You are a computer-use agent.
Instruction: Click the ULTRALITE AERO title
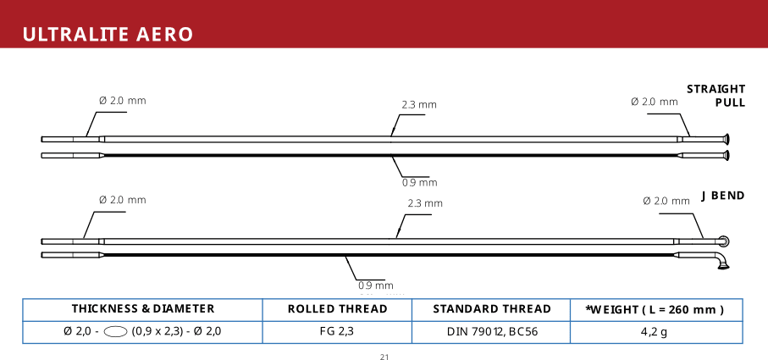[x=108, y=35]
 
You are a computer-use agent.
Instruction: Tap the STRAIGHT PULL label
[x=716, y=96]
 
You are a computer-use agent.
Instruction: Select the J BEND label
[x=722, y=196]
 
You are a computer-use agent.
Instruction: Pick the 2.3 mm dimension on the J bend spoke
[x=425, y=203]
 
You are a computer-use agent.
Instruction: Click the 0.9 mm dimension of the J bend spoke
[x=376, y=285]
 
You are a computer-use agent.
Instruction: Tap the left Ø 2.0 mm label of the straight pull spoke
[x=123, y=101]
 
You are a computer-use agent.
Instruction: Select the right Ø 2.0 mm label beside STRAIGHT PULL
[x=655, y=102]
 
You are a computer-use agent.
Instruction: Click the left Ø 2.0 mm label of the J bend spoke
[x=123, y=200]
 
